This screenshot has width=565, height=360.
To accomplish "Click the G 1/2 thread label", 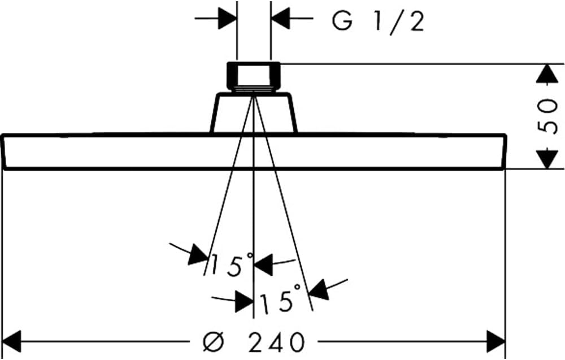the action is click(377, 23).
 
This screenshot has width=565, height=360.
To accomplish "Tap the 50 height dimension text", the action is click(547, 115).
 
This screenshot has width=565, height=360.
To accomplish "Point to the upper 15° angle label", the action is click(232, 264).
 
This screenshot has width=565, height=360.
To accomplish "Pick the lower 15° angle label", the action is click(280, 298).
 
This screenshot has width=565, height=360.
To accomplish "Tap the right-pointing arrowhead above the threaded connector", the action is click(227, 18).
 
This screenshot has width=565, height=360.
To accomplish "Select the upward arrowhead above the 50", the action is click(547, 74).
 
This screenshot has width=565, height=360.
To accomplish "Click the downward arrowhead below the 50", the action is click(547, 159).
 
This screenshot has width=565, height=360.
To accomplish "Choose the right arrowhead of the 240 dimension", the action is click(496, 341).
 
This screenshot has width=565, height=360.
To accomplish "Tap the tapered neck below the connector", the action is click(254, 112).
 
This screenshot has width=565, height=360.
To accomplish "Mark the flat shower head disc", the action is click(254, 151).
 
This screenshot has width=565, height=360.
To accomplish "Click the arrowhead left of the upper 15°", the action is click(198, 255).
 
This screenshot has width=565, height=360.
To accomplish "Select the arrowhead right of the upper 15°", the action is click(264, 265).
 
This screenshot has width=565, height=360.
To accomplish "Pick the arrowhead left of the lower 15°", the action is click(244, 301).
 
